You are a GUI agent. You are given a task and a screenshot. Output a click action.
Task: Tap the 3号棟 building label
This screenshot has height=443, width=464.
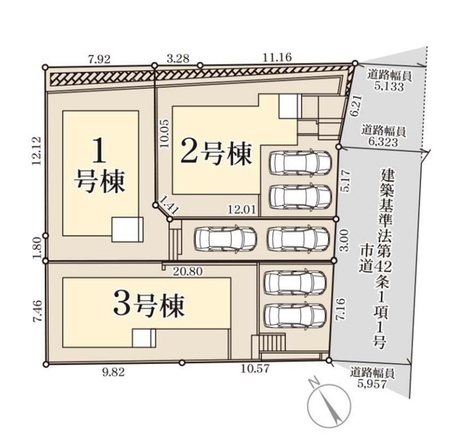149,304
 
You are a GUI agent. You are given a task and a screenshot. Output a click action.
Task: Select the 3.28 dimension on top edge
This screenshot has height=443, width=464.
177,57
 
